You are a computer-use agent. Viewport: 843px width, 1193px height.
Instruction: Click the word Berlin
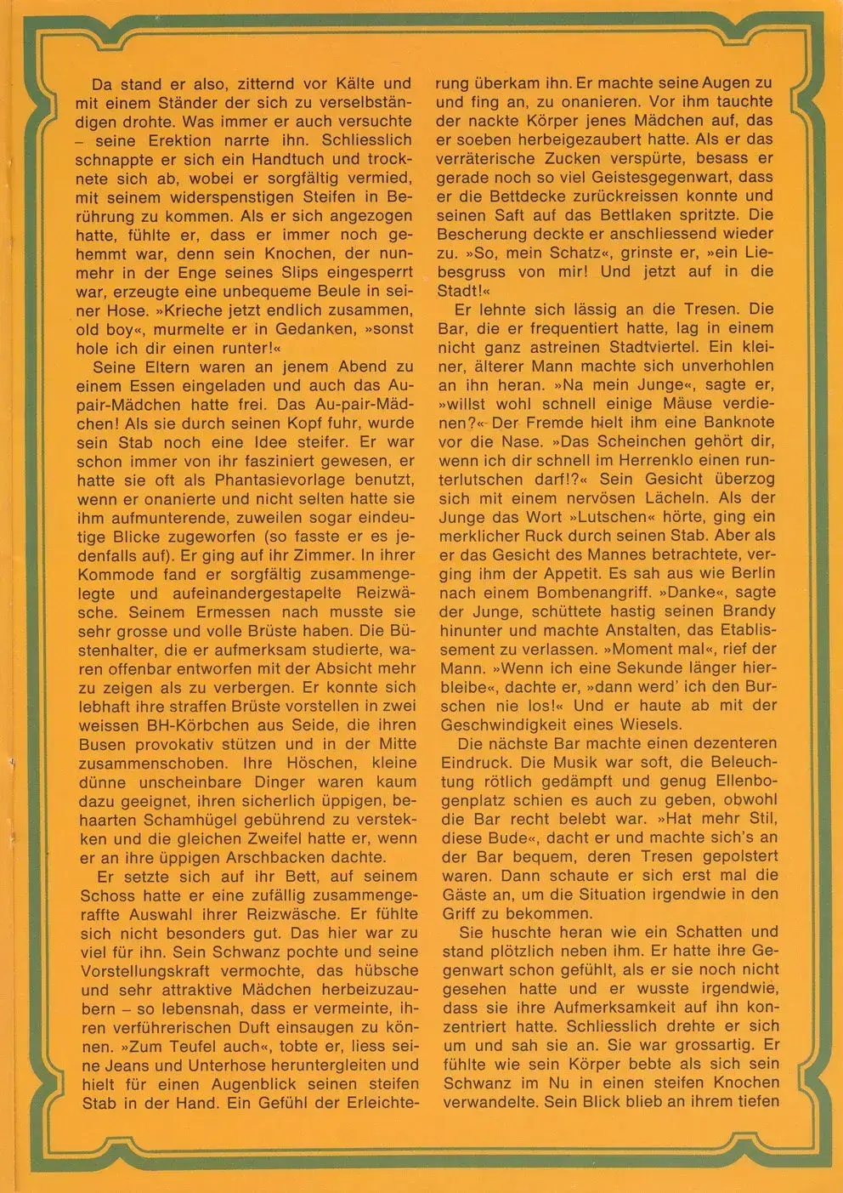coord(745,573)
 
